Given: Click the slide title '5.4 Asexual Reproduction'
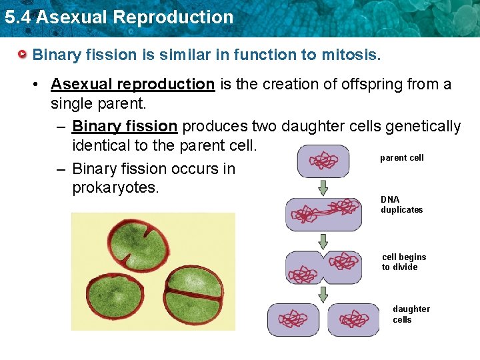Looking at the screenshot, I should tap(119, 17).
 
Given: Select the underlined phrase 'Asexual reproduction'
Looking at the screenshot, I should tap(133, 84).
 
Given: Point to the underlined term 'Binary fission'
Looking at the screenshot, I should tap(125, 126).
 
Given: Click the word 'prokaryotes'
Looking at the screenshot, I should tap(115, 187).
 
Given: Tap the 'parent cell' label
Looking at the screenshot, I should tap(401, 158).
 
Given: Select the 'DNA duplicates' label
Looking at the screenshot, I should tap(401, 205).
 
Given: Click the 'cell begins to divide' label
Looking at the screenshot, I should tap(404, 262).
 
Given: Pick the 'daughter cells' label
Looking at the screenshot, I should tap(411, 314).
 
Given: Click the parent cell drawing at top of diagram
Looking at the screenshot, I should tap(323, 161).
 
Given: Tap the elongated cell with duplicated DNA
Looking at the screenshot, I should tap(323, 214).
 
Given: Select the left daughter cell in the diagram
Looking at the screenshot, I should tap(293, 319).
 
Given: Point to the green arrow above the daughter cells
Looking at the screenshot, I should tap(323, 294).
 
